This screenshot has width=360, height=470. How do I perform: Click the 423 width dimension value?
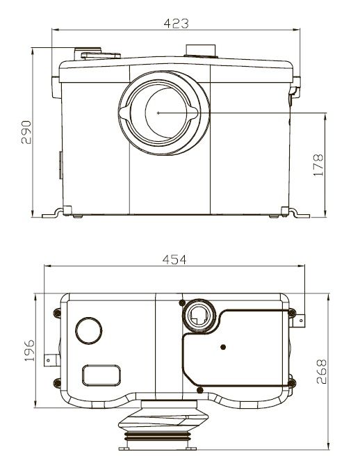(176, 24)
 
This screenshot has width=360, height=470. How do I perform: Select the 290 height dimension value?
(26, 132)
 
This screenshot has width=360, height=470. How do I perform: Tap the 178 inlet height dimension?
(318, 165)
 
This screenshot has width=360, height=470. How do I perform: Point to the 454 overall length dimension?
(174, 259)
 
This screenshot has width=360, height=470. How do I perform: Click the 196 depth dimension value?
(29, 350)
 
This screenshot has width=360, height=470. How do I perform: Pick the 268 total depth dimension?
(321, 372)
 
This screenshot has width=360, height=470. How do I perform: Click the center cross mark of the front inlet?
(158, 113)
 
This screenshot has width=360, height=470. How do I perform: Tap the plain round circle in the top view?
(89, 330)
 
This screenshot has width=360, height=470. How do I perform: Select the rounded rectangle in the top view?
(101, 375)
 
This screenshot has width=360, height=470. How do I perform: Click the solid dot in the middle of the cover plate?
(223, 347)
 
